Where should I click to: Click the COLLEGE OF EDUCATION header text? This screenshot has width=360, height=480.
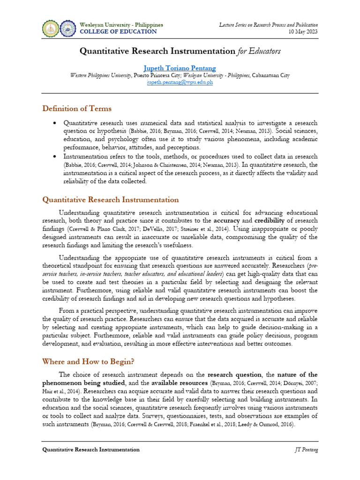point(119,31)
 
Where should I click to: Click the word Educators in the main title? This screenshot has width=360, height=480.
point(264,51)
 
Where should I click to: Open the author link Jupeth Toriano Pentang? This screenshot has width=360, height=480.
point(180,67)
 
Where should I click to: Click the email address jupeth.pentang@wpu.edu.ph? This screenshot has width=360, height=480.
point(180,82)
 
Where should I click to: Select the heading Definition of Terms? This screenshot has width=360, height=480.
point(77,109)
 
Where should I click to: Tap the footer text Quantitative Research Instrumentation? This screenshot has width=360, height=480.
point(91,450)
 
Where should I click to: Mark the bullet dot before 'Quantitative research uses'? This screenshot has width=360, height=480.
point(54,123)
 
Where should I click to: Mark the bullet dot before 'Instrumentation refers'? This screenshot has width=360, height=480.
point(54,157)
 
